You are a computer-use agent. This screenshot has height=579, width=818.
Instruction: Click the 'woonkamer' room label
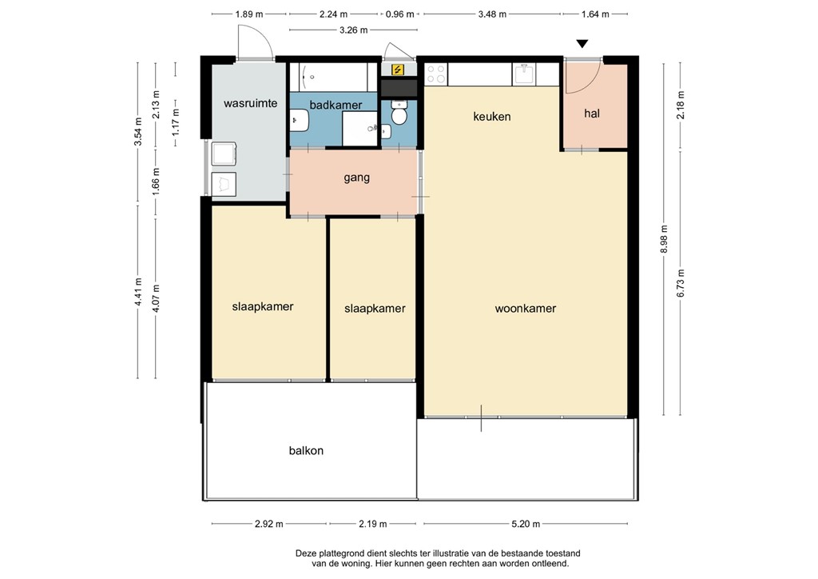[525, 308]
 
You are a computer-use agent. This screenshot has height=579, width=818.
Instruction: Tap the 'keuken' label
[491, 117]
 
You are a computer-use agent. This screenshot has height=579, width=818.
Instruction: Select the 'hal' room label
[591, 114]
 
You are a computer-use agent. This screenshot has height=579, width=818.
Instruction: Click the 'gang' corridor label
[356, 178]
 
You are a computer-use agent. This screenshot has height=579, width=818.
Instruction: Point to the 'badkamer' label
[336, 105]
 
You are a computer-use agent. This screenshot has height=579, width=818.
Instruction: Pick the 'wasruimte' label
[250, 103]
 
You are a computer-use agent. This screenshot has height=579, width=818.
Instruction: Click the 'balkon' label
[306, 450]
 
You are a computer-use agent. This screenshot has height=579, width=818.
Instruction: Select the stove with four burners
[435, 74]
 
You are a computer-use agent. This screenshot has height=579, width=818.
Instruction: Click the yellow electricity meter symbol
[397, 70]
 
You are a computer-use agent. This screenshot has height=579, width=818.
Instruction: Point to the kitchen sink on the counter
[525, 74]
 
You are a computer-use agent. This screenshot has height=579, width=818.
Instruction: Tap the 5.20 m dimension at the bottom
[524, 525]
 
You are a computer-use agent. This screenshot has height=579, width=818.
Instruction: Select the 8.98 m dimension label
[663, 238]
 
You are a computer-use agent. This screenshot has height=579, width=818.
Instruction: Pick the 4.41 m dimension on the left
[138, 291]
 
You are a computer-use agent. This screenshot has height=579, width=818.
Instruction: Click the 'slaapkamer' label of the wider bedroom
[263, 306]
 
